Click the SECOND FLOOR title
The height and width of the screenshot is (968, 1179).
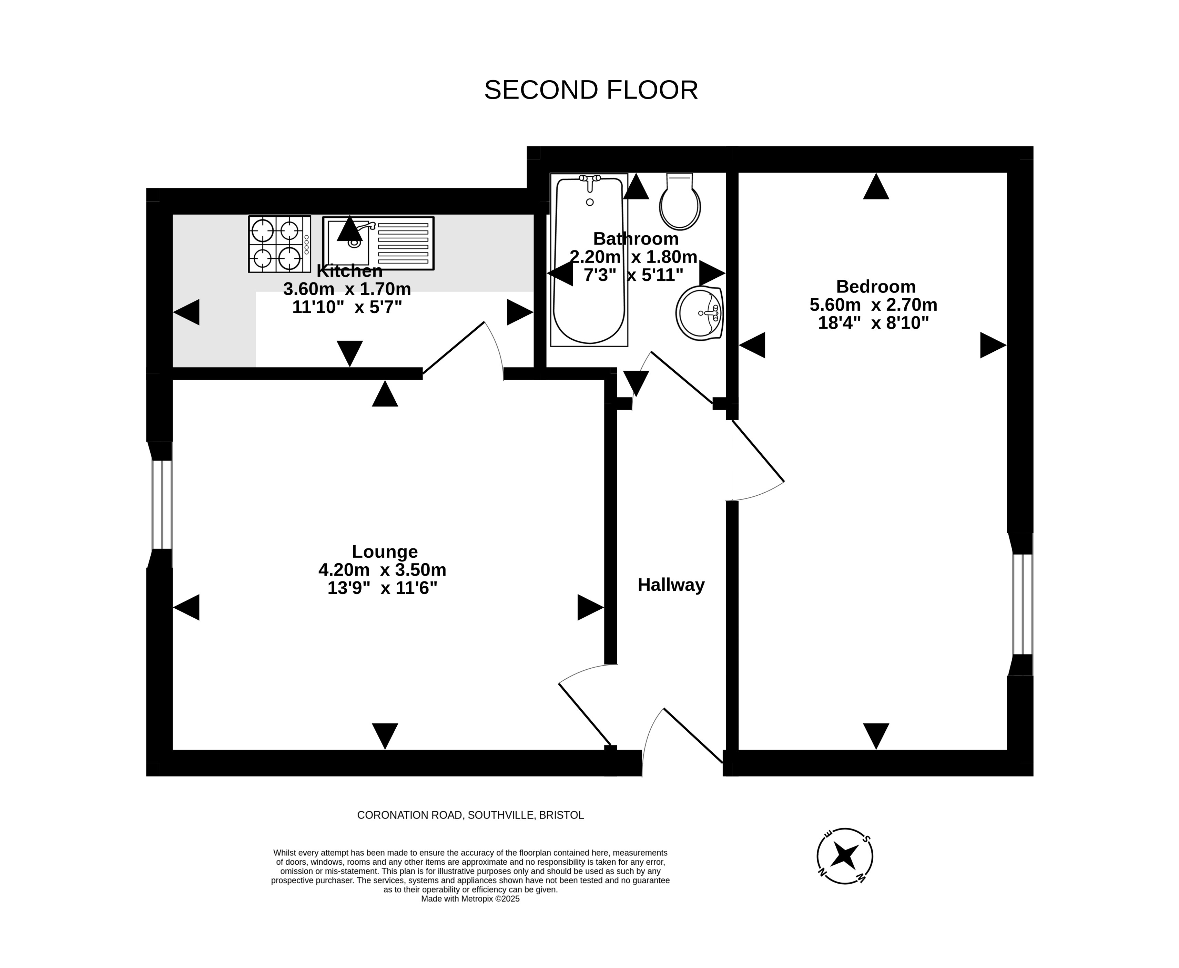591,90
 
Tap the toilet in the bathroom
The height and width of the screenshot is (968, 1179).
680,201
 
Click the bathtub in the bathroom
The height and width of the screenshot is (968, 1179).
589,259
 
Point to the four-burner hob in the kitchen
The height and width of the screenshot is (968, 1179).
279,244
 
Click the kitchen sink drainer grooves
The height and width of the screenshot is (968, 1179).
403,243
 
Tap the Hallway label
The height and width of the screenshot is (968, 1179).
671,585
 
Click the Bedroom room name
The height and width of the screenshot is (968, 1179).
876,287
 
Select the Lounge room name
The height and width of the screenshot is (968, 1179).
385,552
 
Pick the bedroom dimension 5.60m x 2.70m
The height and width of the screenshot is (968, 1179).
873,305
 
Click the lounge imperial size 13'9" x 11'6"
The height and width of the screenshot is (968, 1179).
382,588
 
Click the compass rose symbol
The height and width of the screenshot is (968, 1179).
844,855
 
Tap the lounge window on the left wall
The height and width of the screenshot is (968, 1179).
162,505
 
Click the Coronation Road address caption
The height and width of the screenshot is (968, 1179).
470,815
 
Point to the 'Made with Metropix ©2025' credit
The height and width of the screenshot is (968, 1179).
470,899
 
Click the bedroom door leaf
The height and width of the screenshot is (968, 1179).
758,451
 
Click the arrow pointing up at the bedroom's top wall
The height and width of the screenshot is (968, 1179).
876,186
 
